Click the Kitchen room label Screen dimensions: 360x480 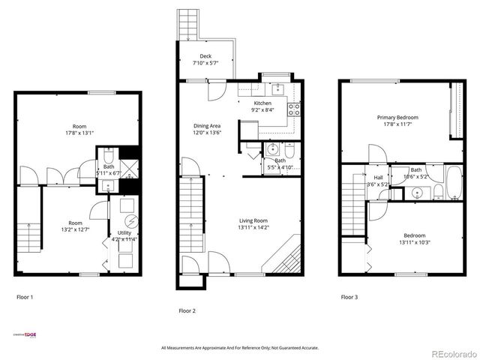point(262,103)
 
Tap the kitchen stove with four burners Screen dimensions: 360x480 point(295,106)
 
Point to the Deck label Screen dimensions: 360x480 point(205,56)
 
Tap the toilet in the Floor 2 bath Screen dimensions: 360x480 point(288,149)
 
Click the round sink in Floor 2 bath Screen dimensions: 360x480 point(272,150)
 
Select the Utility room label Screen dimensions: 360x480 point(124,233)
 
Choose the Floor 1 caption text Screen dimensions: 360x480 point(25,297)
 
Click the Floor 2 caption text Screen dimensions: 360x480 point(187,310)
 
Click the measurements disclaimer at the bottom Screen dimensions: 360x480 point(240,347)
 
